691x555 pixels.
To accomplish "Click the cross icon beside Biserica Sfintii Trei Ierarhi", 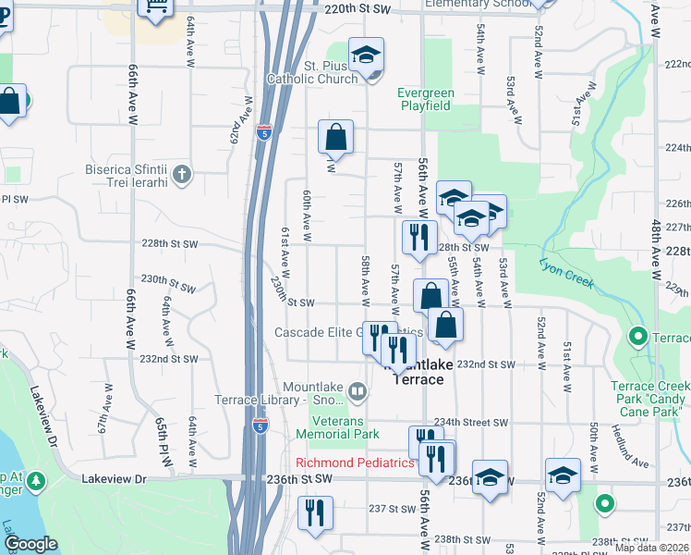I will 183,172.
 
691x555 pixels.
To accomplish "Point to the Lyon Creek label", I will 565,271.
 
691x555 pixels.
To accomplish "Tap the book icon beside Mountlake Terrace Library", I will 358,393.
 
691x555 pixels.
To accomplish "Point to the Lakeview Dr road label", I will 115,479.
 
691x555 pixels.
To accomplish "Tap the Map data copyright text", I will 651,548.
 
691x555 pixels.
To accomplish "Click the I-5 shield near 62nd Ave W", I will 265,132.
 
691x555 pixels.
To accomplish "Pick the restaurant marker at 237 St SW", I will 315,512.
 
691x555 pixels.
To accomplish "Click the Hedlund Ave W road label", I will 631,447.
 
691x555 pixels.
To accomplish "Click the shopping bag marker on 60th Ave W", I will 335,137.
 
